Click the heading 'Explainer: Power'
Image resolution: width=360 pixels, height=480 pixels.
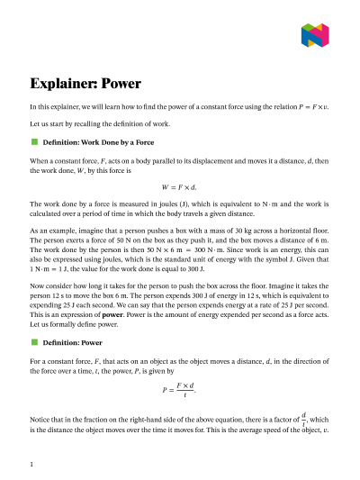point(85,84)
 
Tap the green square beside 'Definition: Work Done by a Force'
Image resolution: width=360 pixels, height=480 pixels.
point(34,142)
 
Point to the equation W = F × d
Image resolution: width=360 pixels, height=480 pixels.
point(179,185)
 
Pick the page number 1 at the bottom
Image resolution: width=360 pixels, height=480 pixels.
point(31,464)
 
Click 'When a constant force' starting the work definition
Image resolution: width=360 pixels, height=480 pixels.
point(65,158)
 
